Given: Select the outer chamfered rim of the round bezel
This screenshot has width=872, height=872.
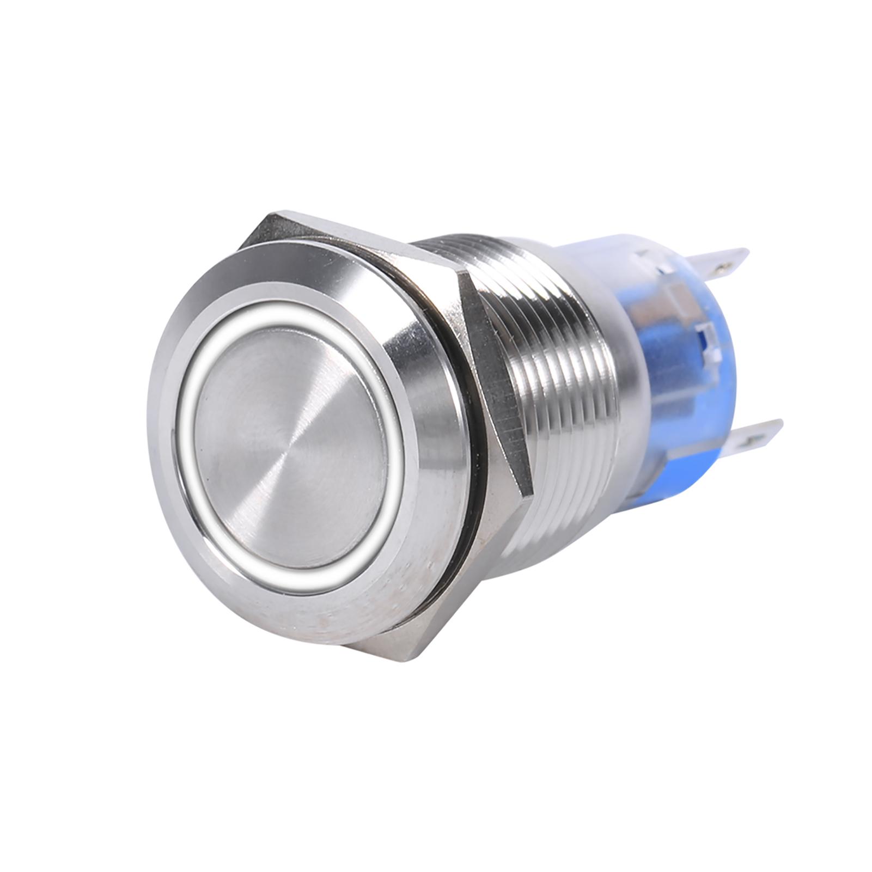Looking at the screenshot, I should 158,436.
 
